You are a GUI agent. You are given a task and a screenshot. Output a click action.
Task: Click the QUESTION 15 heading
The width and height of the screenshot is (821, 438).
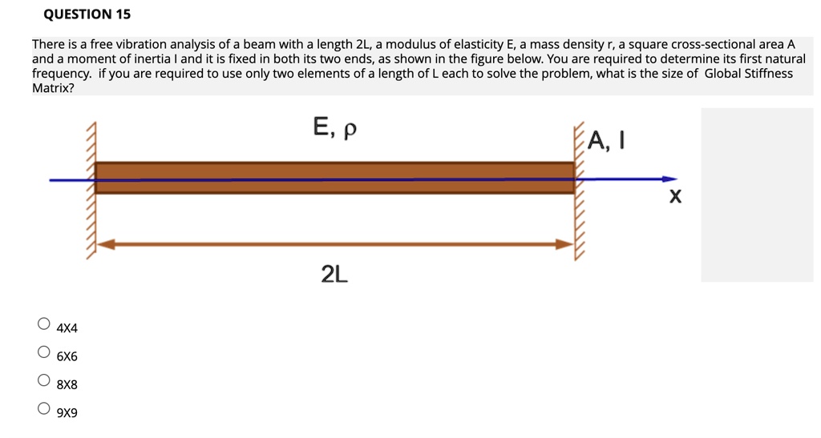point(87,14)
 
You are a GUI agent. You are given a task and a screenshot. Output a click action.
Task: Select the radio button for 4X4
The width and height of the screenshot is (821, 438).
point(43,324)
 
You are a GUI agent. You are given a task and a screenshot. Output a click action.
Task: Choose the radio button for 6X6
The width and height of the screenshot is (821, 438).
point(43,352)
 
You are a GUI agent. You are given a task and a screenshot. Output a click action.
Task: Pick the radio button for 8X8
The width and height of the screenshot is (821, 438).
point(43,380)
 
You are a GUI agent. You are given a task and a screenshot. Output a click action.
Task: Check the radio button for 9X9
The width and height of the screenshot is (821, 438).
point(43,409)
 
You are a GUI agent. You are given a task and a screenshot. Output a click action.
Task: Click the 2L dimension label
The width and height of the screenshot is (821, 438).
point(334,275)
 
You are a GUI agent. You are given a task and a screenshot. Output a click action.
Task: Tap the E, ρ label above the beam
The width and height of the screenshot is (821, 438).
point(334,128)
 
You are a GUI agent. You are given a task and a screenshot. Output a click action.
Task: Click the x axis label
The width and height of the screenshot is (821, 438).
point(676,196)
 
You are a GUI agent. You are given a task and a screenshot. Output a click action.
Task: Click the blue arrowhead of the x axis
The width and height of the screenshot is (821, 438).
point(669,179)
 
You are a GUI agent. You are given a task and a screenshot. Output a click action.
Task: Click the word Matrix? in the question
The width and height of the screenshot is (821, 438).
point(53,88)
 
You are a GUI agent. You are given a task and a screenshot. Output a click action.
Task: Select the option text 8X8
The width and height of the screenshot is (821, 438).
point(67,384)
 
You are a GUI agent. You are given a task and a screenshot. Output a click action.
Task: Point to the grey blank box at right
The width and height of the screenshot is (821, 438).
point(757,195)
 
